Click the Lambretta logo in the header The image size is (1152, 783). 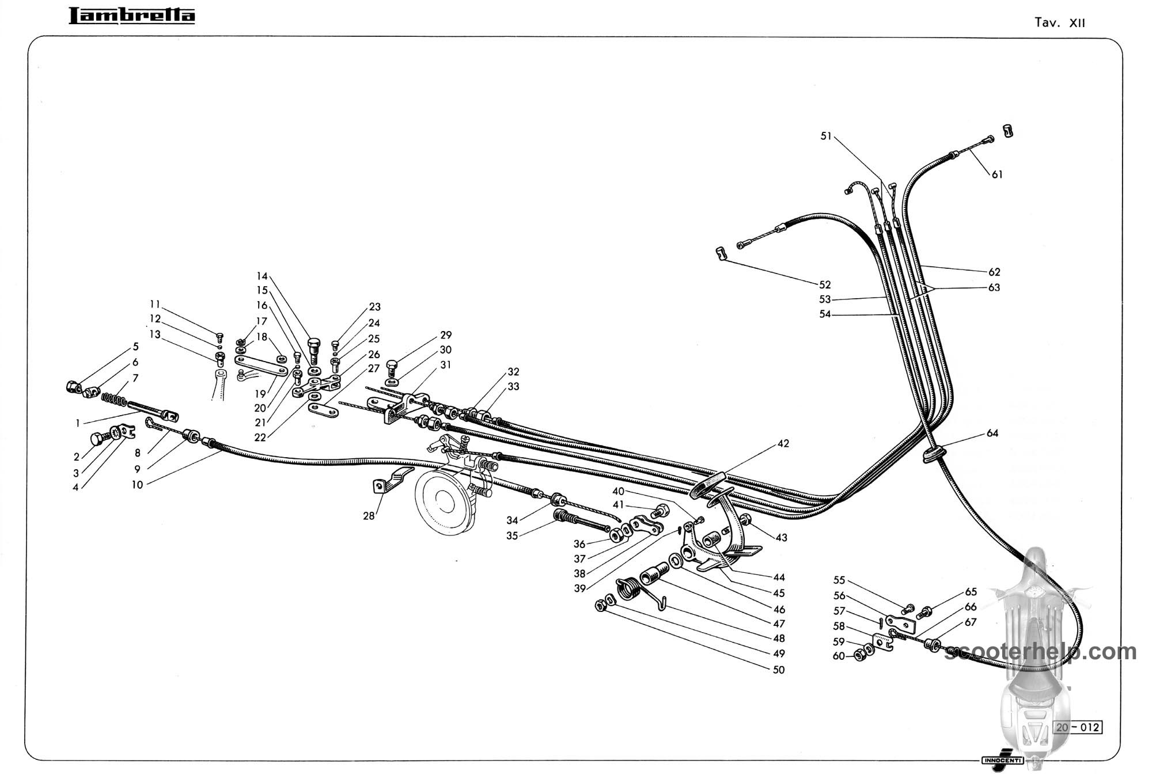click(132, 16)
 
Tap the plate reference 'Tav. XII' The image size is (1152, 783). click(1059, 22)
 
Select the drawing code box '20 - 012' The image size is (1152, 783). click(1078, 727)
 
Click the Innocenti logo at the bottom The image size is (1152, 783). click(1003, 759)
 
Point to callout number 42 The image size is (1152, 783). click(783, 443)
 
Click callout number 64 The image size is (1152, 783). click(992, 433)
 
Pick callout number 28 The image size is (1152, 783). click(369, 516)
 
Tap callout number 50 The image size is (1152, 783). click(779, 670)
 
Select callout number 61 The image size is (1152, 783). click(997, 174)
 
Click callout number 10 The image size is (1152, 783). click(137, 485)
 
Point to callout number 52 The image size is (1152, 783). click(825, 284)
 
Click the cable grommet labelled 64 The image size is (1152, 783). click(933, 454)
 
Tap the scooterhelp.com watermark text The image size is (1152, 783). click(1041, 652)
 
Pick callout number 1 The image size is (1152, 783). click(78, 423)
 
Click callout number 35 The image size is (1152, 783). click(512, 535)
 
